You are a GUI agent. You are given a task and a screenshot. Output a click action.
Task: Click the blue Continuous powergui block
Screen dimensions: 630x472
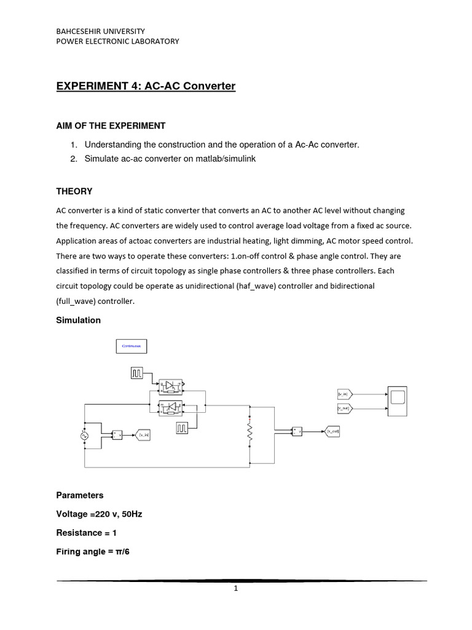point(132,346)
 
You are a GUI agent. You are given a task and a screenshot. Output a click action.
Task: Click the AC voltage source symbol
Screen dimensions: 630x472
point(84,435)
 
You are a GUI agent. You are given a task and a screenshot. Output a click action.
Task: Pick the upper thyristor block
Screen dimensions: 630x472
point(171,386)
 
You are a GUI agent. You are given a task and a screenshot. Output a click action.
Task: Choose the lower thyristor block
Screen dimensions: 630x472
point(171,407)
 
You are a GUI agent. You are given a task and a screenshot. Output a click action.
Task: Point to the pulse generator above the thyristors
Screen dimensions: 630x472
point(137,372)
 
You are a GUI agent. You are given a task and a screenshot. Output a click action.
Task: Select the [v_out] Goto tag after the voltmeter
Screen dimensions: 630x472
point(332,431)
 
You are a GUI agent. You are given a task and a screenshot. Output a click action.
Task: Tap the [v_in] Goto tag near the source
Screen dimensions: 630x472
point(142,435)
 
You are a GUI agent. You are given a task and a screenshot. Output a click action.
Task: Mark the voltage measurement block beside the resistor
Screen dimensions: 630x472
point(297,431)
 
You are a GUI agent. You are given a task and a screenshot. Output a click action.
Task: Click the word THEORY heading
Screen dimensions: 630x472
point(74,191)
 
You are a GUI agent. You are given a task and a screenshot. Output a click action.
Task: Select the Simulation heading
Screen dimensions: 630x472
point(78,320)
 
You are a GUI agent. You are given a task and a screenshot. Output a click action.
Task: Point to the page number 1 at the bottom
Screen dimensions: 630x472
point(235,588)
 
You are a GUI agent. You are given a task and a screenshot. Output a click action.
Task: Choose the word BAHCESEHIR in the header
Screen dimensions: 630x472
point(81,30)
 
